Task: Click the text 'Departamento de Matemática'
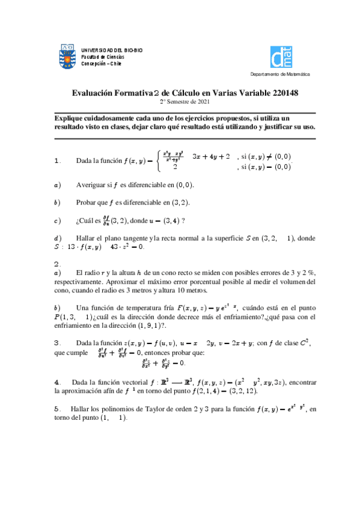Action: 280,75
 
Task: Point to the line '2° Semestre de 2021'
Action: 180,102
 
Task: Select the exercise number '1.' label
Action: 58,161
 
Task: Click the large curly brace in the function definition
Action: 158,161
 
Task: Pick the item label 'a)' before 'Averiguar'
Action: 57,185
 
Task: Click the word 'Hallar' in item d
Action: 87,238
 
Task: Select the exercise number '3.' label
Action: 58,343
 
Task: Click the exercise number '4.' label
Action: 57,382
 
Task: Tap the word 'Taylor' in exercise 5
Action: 141,408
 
